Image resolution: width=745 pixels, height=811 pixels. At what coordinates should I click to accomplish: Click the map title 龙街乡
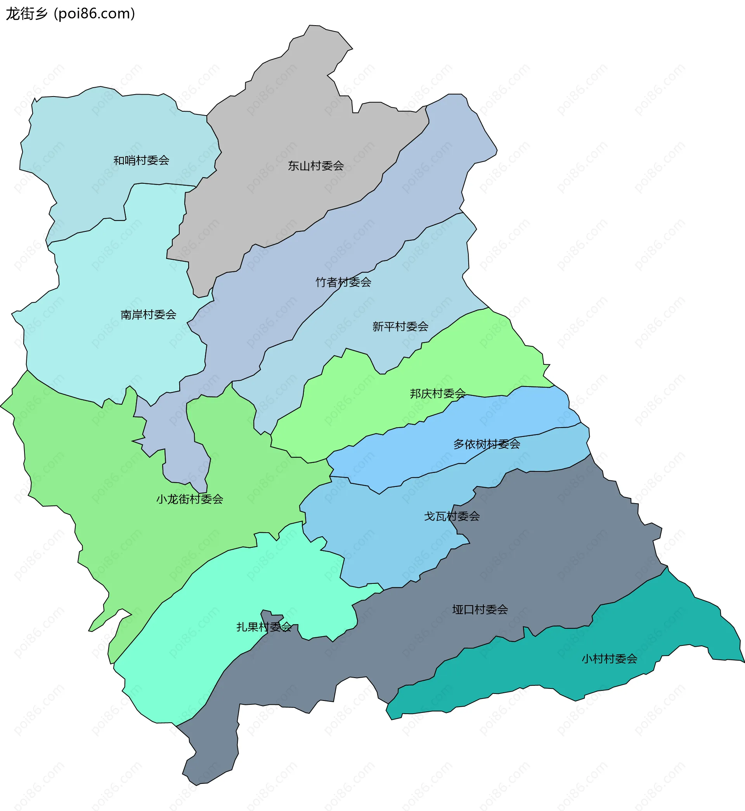pyautogui.click(x=27, y=14)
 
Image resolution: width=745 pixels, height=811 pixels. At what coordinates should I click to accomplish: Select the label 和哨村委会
pyautogui.click(x=141, y=160)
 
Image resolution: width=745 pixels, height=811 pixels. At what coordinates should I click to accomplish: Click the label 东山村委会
pyautogui.click(x=316, y=166)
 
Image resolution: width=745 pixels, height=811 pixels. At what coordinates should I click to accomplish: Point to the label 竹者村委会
pyautogui.click(x=343, y=282)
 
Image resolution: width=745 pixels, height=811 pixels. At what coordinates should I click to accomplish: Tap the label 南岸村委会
pyautogui.click(x=148, y=314)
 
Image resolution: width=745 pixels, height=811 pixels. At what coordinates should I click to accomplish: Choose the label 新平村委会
pyautogui.click(x=400, y=326)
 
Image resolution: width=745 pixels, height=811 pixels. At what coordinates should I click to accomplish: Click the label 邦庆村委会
pyautogui.click(x=437, y=393)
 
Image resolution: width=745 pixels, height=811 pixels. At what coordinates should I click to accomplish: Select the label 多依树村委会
pyautogui.click(x=487, y=444)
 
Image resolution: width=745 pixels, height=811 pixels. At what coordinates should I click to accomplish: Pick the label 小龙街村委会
pyautogui.click(x=189, y=499)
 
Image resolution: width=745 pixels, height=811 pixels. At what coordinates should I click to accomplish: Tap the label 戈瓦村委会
pyautogui.click(x=452, y=516)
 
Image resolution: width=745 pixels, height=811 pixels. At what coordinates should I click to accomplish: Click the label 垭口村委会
pyautogui.click(x=480, y=609)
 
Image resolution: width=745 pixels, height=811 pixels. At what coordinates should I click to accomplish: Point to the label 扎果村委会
pyautogui.click(x=263, y=626)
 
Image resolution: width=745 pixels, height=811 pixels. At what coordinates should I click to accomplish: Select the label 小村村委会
pyautogui.click(x=609, y=658)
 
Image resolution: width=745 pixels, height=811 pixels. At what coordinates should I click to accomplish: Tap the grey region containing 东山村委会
pyautogui.click(x=282, y=121)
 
